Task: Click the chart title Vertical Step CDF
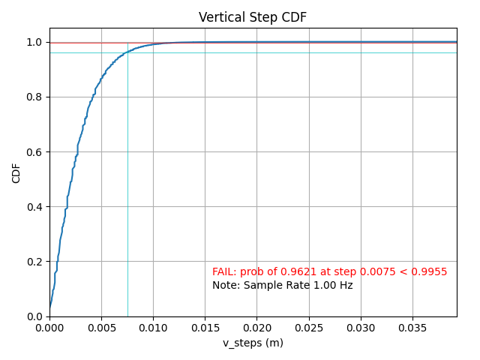click(252, 17)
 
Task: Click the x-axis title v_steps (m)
click(253, 343)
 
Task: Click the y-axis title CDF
click(16, 172)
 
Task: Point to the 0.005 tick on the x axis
click(101, 328)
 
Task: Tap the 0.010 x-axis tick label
click(153, 328)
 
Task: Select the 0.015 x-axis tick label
click(205, 328)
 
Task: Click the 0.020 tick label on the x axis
click(256, 328)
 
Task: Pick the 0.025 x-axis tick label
click(309, 328)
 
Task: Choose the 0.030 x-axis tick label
click(361, 328)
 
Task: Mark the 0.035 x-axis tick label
click(412, 328)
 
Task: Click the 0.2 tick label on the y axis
click(35, 262)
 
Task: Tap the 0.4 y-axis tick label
click(35, 207)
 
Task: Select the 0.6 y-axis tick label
click(35, 152)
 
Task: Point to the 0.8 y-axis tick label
click(35, 97)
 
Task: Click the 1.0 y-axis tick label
click(35, 43)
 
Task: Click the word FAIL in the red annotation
click(223, 271)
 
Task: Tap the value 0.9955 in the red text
click(430, 271)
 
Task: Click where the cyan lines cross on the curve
click(127, 52)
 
